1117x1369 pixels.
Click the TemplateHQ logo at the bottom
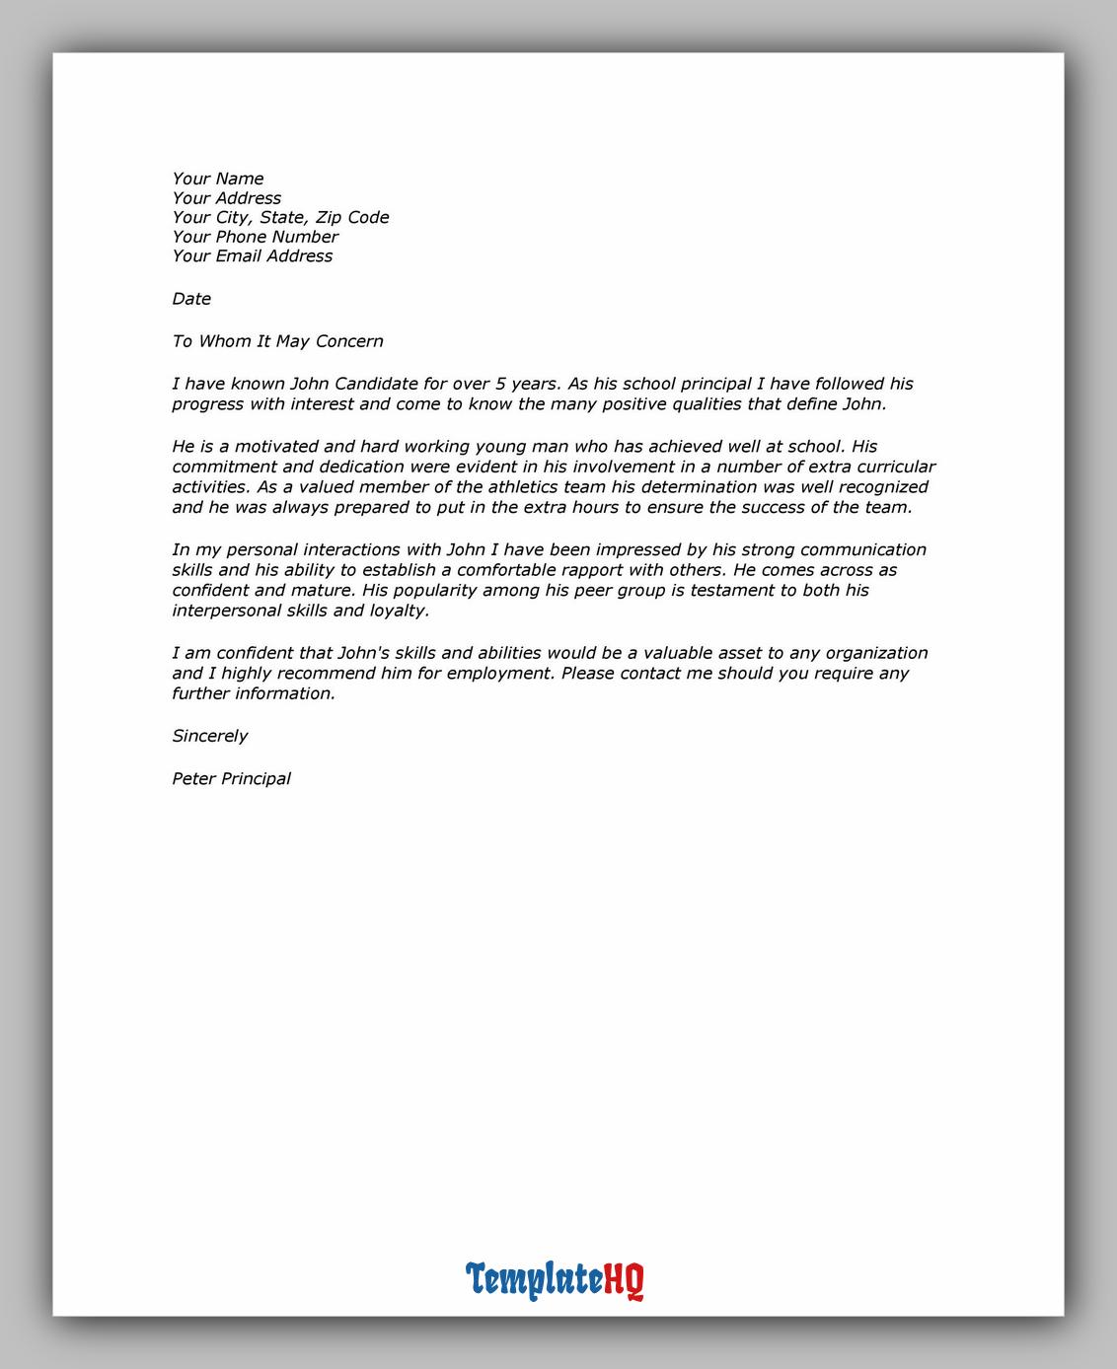point(555,1280)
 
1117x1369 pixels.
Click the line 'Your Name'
point(217,179)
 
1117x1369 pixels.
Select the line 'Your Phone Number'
point(255,237)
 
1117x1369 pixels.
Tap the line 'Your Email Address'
point(252,256)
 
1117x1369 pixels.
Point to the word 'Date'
point(191,299)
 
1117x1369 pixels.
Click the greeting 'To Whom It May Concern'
point(277,341)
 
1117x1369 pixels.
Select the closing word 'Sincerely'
point(209,736)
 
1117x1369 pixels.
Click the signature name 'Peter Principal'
point(231,778)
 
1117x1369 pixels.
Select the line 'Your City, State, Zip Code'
point(280,217)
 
